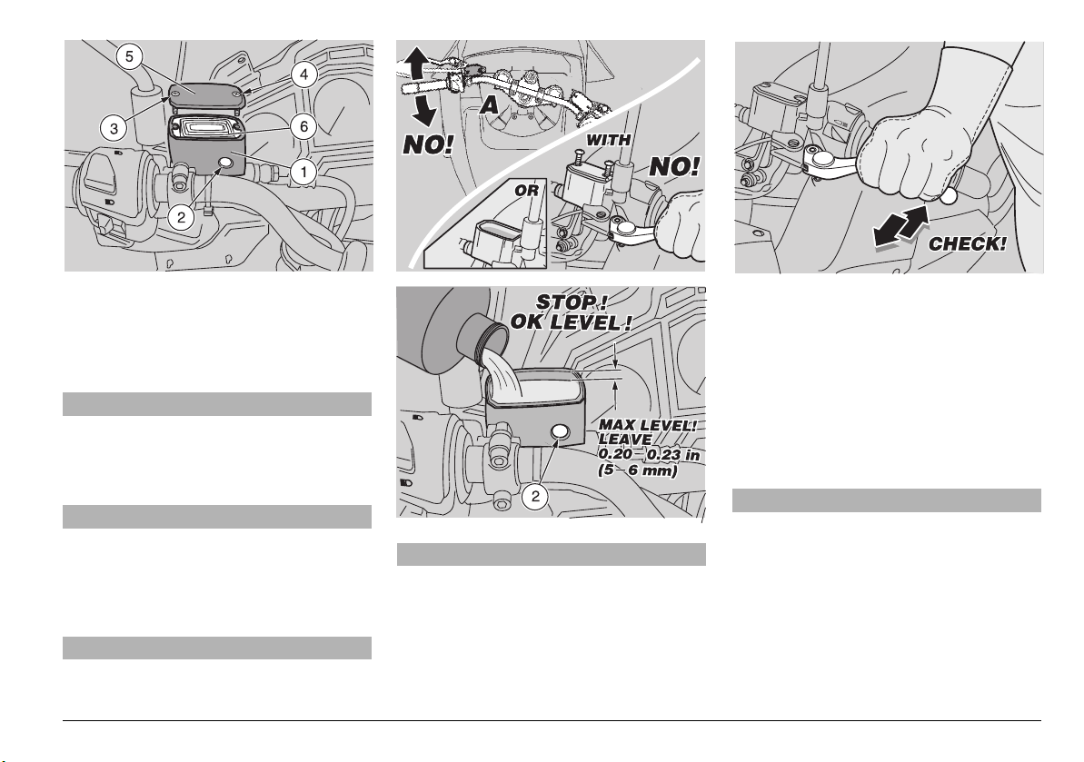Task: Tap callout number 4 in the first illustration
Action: [x=303, y=75]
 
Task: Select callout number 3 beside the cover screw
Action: [x=114, y=128]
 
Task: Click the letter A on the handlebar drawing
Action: [x=491, y=105]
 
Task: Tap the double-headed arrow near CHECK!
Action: [x=900, y=224]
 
